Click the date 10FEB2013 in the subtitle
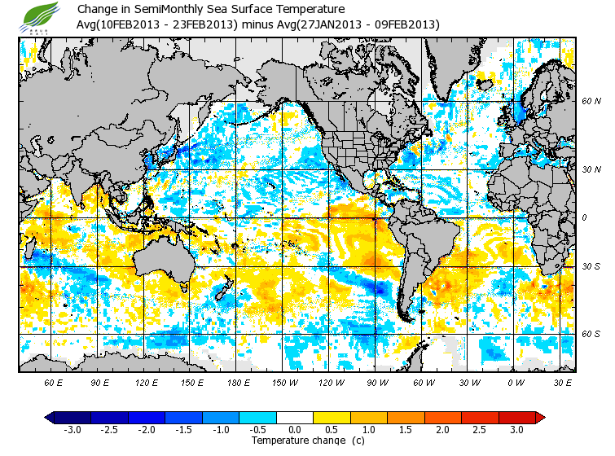[x=134, y=24]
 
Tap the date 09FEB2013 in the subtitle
[x=405, y=24]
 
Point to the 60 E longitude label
[x=53, y=382]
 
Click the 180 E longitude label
[x=239, y=382]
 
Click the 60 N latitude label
[x=591, y=102]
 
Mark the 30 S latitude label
[x=591, y=267]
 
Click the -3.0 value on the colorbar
[x=72, y=429]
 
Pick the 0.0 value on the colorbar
[x=295, y=429]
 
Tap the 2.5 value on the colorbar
[x=481, y=429]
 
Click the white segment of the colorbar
[x=295, y=417]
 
